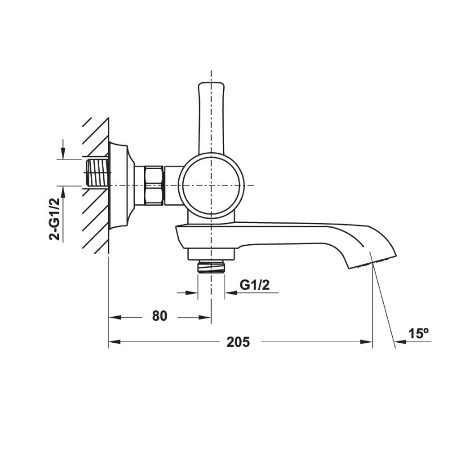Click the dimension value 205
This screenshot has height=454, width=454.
[238, 342]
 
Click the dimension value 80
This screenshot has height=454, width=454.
[160, 316]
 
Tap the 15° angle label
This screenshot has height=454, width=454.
[418, 333]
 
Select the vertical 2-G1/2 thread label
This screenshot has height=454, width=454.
[54, 219]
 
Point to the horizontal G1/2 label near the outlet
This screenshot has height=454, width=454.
[254, 285]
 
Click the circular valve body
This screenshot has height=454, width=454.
[211, 185]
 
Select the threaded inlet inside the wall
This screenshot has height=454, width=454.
[97, 172]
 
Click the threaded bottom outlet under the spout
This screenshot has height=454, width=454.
[211, 267]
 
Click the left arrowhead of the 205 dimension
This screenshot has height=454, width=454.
[112, 342]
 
